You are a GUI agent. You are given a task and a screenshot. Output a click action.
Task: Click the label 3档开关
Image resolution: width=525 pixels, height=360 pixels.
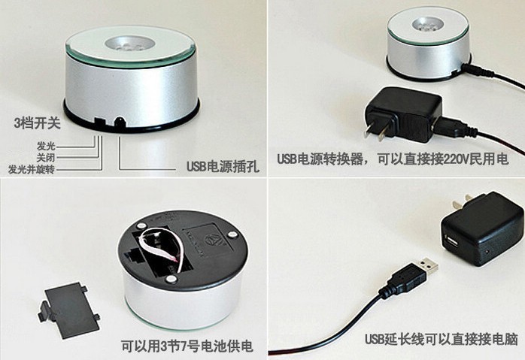(37, 123)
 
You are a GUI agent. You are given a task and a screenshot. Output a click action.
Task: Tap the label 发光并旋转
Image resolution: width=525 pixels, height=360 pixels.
(32, 169)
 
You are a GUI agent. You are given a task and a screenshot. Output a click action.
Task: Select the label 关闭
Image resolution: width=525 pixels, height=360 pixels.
(46, 157)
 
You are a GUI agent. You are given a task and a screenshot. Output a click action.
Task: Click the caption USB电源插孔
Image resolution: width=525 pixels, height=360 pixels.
(223, 166)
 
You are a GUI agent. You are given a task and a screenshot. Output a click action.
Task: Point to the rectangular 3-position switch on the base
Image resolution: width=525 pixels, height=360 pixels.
(99, 121)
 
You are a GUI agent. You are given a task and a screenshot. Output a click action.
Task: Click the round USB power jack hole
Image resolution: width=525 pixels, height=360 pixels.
(119, 122)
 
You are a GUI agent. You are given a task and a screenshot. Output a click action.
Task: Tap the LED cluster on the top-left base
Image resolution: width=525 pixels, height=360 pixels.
(131, 45)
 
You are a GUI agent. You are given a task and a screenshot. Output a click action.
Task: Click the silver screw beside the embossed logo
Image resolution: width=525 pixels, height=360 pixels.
(232, 235)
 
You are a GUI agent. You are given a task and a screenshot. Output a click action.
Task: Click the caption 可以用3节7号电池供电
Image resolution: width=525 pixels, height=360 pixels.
(187, 346)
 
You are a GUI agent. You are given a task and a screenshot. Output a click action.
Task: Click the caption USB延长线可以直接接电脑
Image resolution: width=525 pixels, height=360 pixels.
(442, 339)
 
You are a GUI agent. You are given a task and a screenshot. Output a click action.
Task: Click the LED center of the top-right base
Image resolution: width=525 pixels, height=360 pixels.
(428, 25)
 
